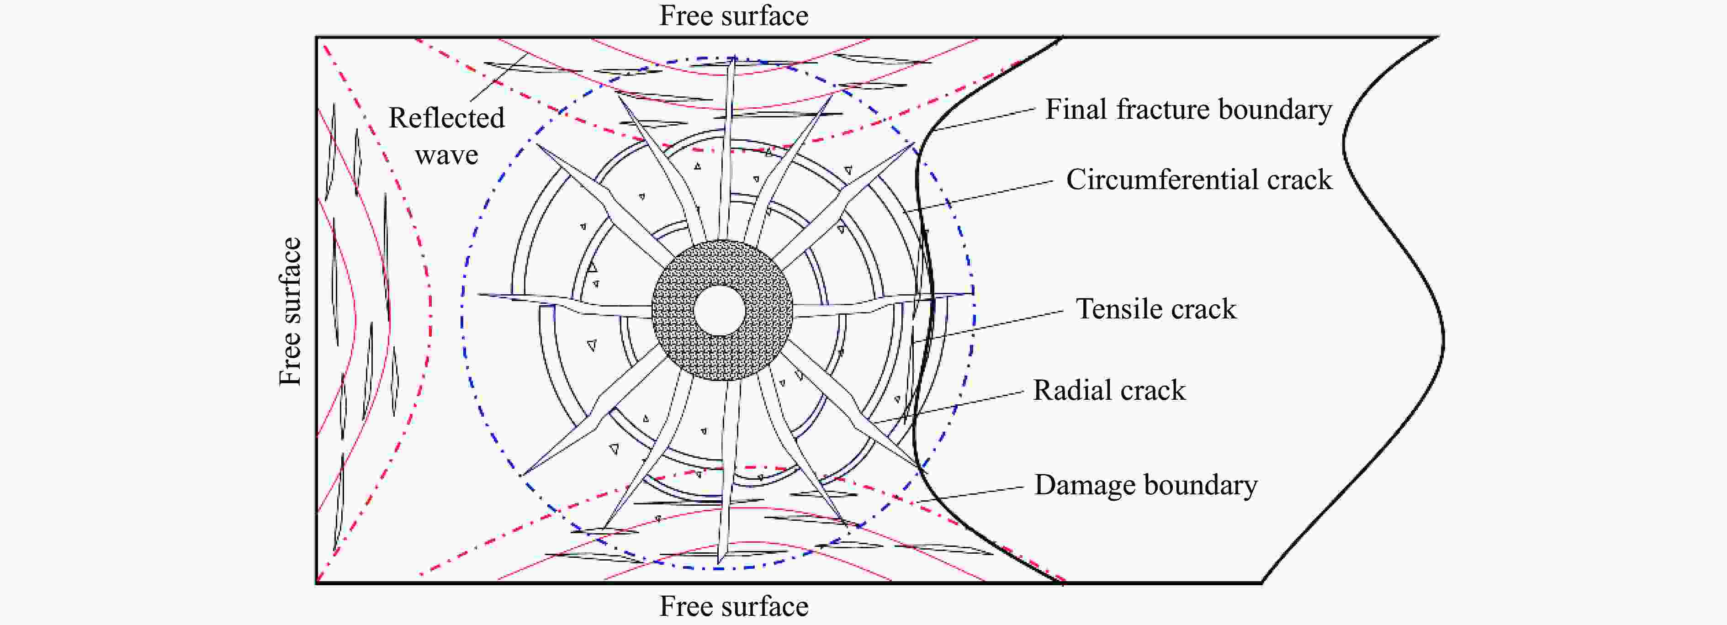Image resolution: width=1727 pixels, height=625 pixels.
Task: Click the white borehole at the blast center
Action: [x=720, y=311]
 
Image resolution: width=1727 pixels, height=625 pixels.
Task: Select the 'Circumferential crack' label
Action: [x=1199, y=180]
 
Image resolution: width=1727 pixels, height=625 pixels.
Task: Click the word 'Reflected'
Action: [x=446, y=118]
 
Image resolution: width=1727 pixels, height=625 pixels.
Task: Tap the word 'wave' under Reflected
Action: [x=446, y=156]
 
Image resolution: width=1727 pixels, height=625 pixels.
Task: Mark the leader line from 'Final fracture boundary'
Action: [x=985, y=119]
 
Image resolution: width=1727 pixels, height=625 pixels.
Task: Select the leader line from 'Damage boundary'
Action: [x=970, y=494]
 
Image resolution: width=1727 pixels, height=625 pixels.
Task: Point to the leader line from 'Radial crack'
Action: [x=948, y=408]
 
